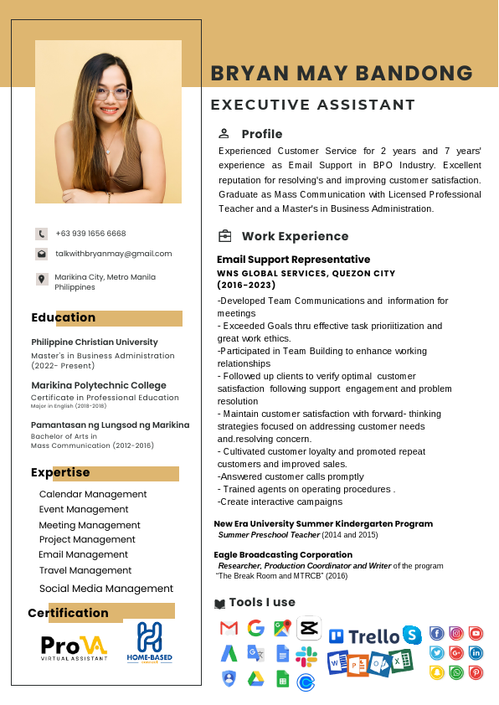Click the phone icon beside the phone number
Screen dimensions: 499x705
pyautogui.click(x=41, y=234)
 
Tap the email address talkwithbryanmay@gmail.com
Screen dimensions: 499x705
pyautogui.click(x=113, y=254)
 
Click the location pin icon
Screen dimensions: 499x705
pyautogui.click(x=41, y=279)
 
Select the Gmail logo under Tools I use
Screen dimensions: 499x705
pyautogui.click(x=229, y=628)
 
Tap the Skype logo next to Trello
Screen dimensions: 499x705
pyautogui.click(x=411, y=635)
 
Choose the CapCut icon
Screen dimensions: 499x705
pyautogui.click(x=308, y=627)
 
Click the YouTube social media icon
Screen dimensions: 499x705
pyautogui.click(x=476, y=634)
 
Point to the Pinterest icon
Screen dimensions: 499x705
pyautogui.click(x=476, y=672)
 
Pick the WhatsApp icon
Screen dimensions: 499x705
pyautogui.click(x=456, y=672)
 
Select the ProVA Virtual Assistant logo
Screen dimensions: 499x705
pyautogui.click(x=75, y=646)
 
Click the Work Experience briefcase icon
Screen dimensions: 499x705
pyautogui.click(x=224, y=236)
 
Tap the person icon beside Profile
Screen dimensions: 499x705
pyautogui.click(x=224, y=133)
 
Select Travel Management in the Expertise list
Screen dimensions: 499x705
pyautogui.click(x=85, y=570)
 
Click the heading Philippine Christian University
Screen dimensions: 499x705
pyautogui.click(x=95, y=342)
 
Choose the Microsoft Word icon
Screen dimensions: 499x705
pyautogui.click(x=337, y=663)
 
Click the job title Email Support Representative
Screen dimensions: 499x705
pyautogui.click(x=293, y=260)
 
